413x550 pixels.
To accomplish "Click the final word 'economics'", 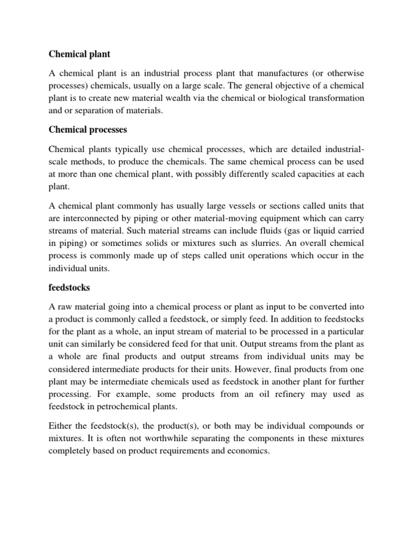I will click(247, 452).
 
